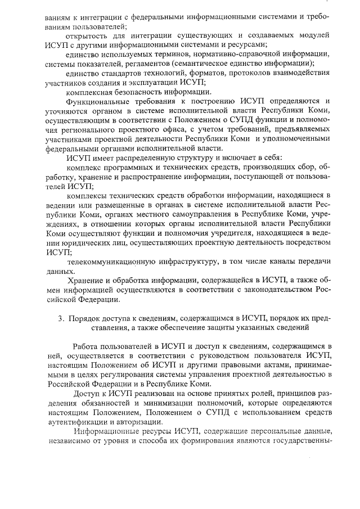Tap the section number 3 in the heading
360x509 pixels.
coord(61,318)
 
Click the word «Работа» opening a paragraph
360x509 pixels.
coord(85,346)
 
